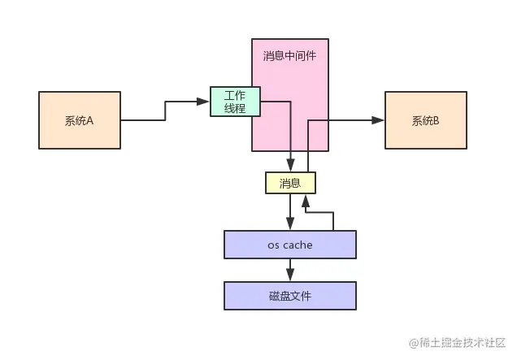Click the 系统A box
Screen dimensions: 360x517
point(79,120)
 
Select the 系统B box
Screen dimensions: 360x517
point(425,120)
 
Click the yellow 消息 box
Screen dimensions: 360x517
point(290,184)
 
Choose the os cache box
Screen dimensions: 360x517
point(290,245)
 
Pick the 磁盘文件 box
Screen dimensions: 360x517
point(290,296)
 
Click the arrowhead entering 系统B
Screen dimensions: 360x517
point(379,120)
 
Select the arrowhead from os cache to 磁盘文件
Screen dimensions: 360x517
point(290,276)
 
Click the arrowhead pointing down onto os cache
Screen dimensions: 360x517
point(290,226)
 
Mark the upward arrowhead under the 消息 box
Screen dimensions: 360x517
point(306,199)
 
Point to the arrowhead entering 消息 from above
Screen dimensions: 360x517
point(290,167)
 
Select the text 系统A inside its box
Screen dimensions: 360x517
point(79,120)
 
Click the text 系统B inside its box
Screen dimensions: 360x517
point(425,120)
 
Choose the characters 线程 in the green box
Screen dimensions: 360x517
point(234,110)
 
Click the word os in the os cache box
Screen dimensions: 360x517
point(273,245)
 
